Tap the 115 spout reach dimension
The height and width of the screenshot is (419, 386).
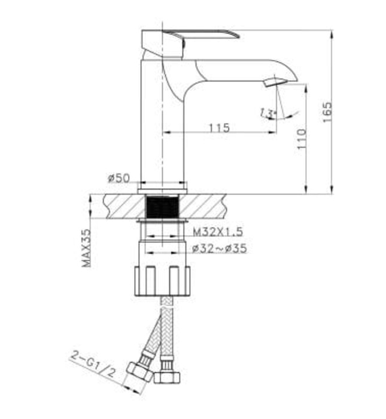point(220,127)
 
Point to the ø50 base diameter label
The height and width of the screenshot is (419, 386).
point(119,178)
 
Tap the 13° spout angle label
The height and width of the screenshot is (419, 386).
point(267,111)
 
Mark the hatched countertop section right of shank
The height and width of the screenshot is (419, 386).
point(203,208)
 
